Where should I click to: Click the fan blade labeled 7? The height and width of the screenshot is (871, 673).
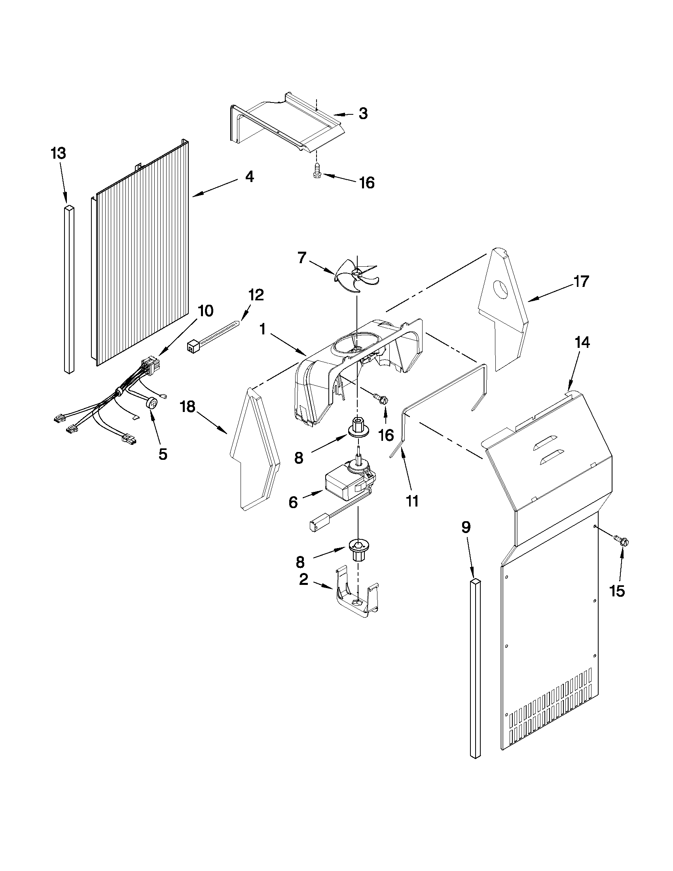[x=356, y=275]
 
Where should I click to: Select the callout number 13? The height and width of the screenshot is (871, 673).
[x=58, y=154]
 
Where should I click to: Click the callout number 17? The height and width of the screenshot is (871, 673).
[x=581, y=281]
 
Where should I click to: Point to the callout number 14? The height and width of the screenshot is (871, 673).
[x=582, y=343]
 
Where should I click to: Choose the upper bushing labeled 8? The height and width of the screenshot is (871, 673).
[x=358, y=426]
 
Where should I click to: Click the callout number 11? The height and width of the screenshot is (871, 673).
[x=412, y=501]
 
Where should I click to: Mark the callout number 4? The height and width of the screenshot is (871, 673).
[x=249, y=176]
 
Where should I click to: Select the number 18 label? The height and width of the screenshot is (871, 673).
[x=188, y=407]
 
